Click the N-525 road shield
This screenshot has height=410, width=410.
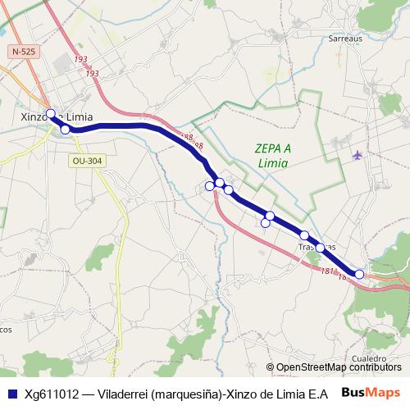22,51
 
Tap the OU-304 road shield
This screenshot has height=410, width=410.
87,161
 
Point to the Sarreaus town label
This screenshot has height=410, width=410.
345,39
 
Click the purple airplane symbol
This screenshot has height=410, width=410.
356,154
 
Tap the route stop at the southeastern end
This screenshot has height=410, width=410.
358,274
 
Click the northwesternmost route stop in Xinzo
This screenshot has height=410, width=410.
50,114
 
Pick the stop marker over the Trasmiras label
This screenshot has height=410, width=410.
320,247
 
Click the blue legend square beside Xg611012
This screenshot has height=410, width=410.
11,393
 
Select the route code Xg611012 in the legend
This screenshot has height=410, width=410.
52,393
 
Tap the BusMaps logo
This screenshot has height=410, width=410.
371,392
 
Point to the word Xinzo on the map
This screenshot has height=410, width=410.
33,117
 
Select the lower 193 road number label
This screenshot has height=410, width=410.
92,74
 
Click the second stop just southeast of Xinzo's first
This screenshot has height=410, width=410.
65,129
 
